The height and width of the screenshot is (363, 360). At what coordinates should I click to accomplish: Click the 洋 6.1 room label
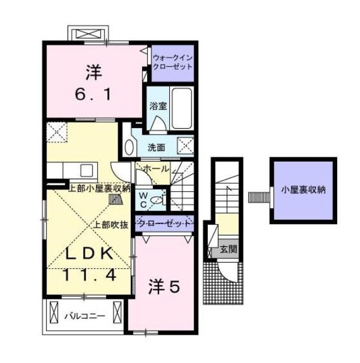coord(94,82)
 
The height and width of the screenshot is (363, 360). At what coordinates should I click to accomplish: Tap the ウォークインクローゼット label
coord(173,62)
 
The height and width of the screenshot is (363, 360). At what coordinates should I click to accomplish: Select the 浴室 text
coord(158,106)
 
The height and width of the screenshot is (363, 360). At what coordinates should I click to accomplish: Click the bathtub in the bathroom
coord(182,108)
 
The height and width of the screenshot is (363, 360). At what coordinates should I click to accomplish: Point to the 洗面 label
coord(156,147)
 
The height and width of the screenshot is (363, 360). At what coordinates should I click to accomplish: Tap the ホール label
coord(156,169)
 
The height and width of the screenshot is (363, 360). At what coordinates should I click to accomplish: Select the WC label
coord(144,200)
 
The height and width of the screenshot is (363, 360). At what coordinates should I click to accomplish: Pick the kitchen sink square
coord(86,170)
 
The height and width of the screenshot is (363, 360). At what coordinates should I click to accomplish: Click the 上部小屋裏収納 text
coord(99,189)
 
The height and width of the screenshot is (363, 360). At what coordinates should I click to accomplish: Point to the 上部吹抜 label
coord(111,225)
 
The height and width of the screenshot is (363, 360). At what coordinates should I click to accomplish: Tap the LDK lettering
coord(90,254)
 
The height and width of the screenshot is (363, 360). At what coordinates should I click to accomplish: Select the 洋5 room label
coord(164,287)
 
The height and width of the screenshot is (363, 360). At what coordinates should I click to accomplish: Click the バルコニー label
coord(85,316)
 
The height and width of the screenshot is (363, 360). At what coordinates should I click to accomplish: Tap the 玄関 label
coord(228,250)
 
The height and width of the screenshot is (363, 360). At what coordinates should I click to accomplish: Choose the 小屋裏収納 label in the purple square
coord(303,190)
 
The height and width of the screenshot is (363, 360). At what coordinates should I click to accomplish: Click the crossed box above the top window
coord(89,34)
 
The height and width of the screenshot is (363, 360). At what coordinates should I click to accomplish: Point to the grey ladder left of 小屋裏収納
coord(259,197)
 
